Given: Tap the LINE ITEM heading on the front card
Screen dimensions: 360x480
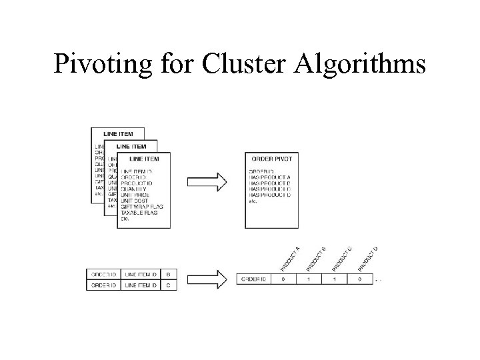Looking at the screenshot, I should coord(143,159).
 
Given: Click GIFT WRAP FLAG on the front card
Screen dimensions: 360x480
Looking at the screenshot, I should coord(142,206).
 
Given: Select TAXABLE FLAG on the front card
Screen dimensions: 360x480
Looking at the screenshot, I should coord(140,212).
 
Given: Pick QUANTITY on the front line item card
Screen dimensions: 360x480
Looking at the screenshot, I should coord(135,187).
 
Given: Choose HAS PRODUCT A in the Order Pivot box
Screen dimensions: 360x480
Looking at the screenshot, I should coord(270,177).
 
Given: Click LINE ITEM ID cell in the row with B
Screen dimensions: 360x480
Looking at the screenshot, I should coord(141,274).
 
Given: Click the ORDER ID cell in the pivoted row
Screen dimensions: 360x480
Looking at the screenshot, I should coord(255,279).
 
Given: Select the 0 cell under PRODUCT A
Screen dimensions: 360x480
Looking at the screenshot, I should coord(283,279).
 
